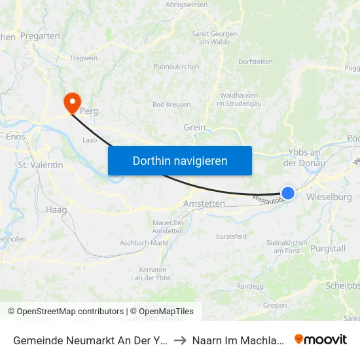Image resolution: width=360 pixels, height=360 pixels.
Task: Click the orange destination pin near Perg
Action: click(71, 101)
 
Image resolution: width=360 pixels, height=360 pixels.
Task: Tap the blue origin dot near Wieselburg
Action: click(288, 192)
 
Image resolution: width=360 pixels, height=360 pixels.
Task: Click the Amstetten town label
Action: click(204, 204)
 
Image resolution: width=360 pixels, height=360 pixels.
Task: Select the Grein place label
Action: click(195, 127)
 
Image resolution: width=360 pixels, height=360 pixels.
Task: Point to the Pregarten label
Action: click(41, 36)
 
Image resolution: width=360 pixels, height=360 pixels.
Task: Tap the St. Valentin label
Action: click(41, 165)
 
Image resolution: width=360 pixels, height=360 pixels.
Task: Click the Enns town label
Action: click(15, 137)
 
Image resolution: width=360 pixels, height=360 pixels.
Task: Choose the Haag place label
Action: click(56, 210)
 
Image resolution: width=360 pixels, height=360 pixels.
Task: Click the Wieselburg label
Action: click(329, 196)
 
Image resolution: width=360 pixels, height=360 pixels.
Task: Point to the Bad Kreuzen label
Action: click(171, 104)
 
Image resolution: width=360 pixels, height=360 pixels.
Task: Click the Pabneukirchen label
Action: click(175, 67)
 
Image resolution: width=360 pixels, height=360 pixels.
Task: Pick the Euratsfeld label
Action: click(232, 235)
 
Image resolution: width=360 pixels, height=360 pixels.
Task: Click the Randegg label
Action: click(250, 286)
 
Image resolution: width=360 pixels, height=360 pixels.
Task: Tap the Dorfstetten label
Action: click(255, 62)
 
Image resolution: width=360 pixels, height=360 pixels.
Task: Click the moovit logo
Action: click(321, 339)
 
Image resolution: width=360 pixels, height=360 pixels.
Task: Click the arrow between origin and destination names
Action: click(180, 340)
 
